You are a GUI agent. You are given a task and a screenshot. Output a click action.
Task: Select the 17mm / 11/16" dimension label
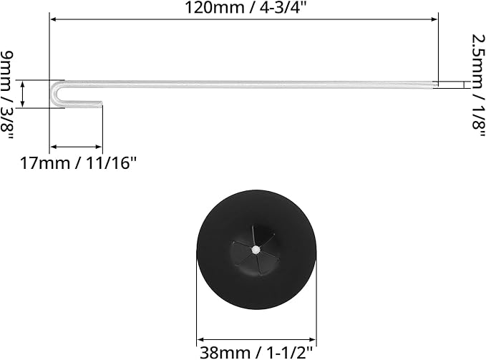(x=78, y=163)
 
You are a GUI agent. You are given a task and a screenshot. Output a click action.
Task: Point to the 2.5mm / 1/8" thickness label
(x=478, y=85)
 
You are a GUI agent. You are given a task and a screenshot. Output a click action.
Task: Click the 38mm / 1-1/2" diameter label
(x=256, y=353)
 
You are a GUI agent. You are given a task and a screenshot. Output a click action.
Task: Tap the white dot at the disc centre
(x=256, y=250)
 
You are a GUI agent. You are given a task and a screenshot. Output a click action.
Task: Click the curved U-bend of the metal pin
(x=55, y=94)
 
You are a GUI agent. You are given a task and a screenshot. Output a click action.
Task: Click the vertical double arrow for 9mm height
(x=22, y=94)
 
